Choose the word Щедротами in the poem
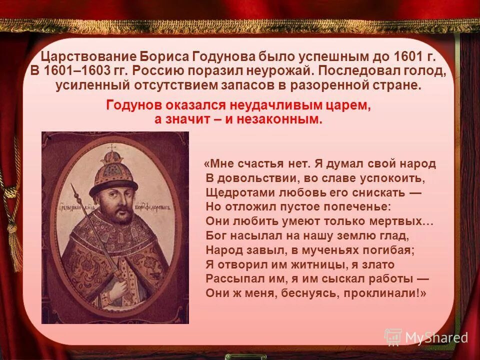235,192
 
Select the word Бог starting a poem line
216,235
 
